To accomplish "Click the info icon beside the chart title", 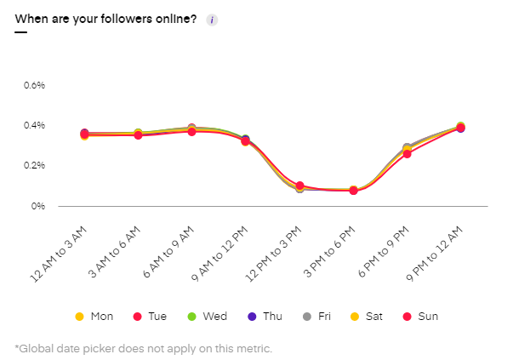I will coord(212,20).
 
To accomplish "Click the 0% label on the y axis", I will coord(39,206).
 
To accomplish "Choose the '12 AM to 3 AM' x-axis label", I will coord(64,249).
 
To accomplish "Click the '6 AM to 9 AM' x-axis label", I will coord(170,249).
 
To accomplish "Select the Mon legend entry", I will coord(94,317).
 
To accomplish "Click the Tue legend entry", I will coord(149,317).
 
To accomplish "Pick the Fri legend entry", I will coord(316,317).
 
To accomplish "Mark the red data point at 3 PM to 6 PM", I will coord(353,191).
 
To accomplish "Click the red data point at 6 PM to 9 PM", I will coord(407,154).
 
